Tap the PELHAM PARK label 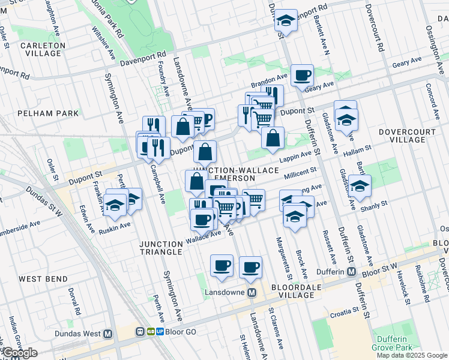48,113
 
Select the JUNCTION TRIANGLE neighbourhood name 161,248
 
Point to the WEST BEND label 38,279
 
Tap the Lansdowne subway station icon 252,292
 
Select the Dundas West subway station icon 108,334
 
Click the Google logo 19,353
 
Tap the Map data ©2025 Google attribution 411,355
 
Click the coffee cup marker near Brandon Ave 302,76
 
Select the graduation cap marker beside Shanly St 360,187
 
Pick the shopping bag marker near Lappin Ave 273,138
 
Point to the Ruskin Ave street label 115,227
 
